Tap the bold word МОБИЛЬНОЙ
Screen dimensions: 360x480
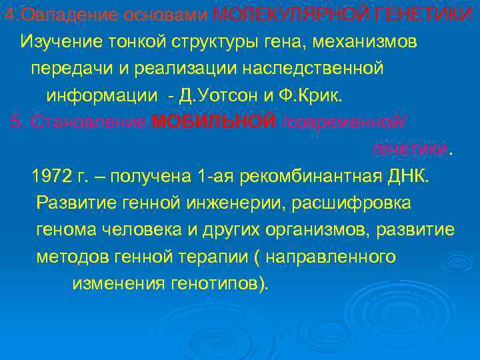tap(213, 122)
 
